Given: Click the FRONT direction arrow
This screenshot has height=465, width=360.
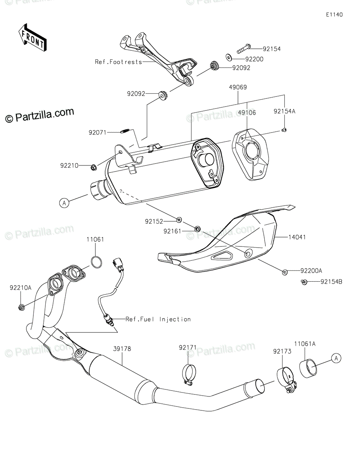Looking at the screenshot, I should tap(32, 37).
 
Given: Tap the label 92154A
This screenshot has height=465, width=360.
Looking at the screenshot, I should tap(284, 111).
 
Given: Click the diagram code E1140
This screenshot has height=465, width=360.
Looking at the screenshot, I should tap(334, 15).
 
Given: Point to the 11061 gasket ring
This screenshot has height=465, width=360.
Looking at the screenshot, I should tap(96, 262).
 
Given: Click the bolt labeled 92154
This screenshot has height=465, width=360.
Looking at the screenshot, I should tap(241, 49).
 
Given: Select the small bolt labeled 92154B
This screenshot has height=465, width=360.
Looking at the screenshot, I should tap(305, 282).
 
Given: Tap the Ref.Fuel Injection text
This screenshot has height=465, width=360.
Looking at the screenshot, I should tap(158, 319).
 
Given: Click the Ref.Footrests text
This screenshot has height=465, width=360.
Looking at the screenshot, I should tap(118, 62).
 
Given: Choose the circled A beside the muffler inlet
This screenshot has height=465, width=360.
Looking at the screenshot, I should tap(64, 202).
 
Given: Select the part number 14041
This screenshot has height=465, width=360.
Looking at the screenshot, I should tap(296, 237).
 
